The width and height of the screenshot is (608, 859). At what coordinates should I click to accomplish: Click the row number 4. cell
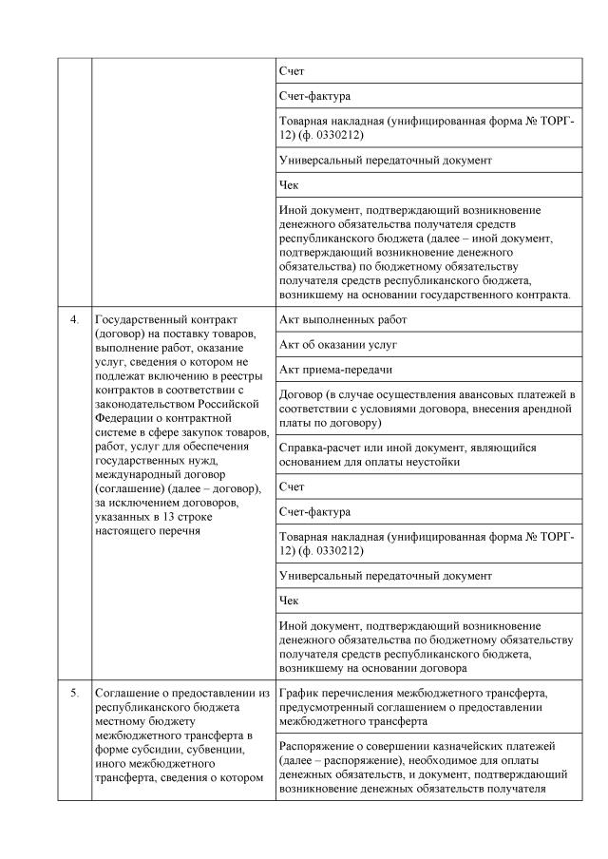click(x=73, y=318)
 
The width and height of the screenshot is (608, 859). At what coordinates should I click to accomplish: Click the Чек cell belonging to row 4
click(x=290, y=601)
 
